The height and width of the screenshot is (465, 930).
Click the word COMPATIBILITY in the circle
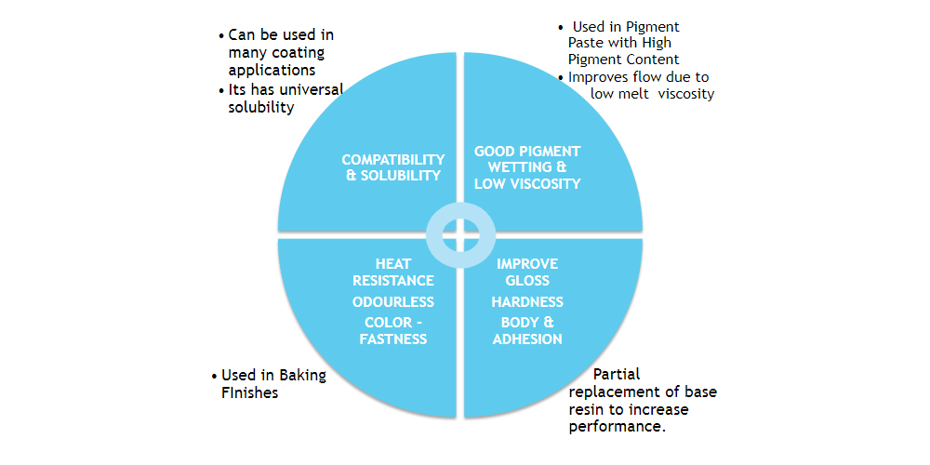point(393,160)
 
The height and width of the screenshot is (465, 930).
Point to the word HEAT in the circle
point(393,263)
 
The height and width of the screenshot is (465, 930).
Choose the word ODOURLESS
point(393,302)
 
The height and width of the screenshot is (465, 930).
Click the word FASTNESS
point(393,339)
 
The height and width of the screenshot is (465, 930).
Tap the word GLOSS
point(527,280)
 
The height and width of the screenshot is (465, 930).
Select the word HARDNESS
point(527,302)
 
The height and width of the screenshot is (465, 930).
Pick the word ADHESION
point(527,339)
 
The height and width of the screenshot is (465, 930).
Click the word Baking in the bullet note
point(303,376)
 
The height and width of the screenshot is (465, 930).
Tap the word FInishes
point(249,392)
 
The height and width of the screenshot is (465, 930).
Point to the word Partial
point(617,374)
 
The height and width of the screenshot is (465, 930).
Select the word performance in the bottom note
point(617,428)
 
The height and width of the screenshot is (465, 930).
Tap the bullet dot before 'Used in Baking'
point(214,376)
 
